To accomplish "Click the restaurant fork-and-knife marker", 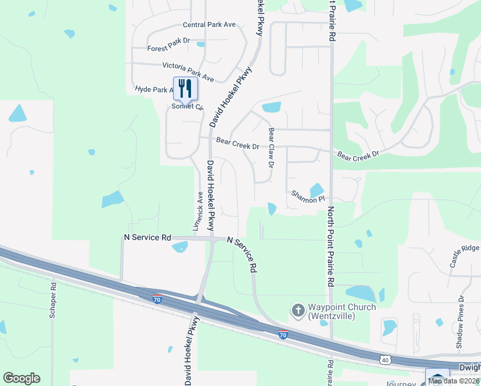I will point(185,89).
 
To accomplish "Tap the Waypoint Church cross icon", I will point(298,311).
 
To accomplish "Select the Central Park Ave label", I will point(210,24).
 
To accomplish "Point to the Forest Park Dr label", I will point(169,48).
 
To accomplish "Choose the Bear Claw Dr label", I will point(271,147).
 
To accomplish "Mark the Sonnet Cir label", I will point(187,107).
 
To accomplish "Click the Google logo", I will point(21,378).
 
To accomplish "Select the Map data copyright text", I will point(453,381).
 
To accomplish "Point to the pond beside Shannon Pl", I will point(316,190).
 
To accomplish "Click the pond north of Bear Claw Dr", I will point(271,107).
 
